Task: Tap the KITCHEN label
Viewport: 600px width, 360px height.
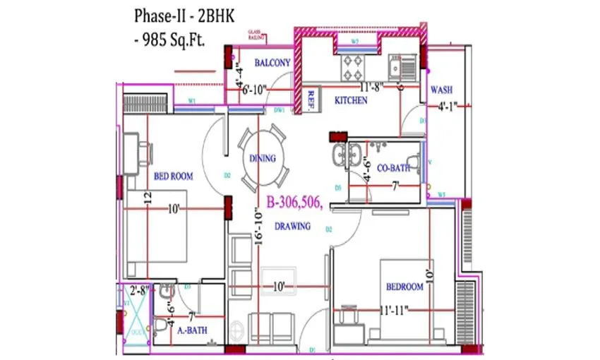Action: coord(351,101)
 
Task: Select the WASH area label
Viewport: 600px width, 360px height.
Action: coord(441,90)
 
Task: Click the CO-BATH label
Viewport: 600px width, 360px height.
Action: coord(394,169)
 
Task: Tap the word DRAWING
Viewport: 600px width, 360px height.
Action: coord(292,227)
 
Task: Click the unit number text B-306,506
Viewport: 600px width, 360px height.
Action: coord(294,203)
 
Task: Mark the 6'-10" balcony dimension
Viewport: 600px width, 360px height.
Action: coord(257,89)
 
